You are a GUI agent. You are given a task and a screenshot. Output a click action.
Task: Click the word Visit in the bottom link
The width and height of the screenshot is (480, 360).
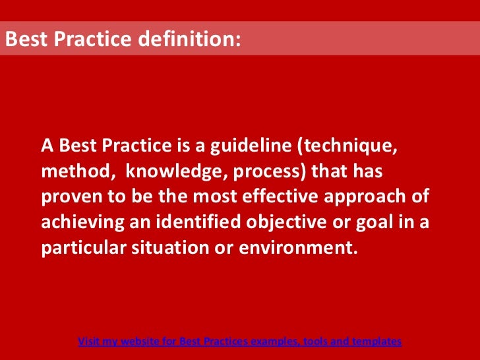click(x=89, y=342)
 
